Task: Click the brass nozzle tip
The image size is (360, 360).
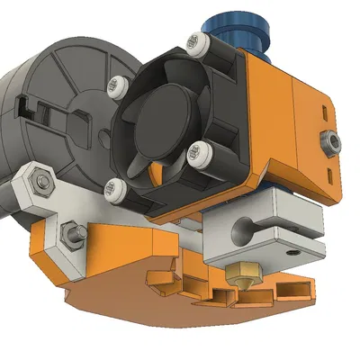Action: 245,275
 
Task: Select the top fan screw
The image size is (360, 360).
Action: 195,40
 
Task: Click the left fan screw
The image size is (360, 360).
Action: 114,85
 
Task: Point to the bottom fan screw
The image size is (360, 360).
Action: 113,188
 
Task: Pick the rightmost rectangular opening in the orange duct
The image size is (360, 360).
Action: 295,290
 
